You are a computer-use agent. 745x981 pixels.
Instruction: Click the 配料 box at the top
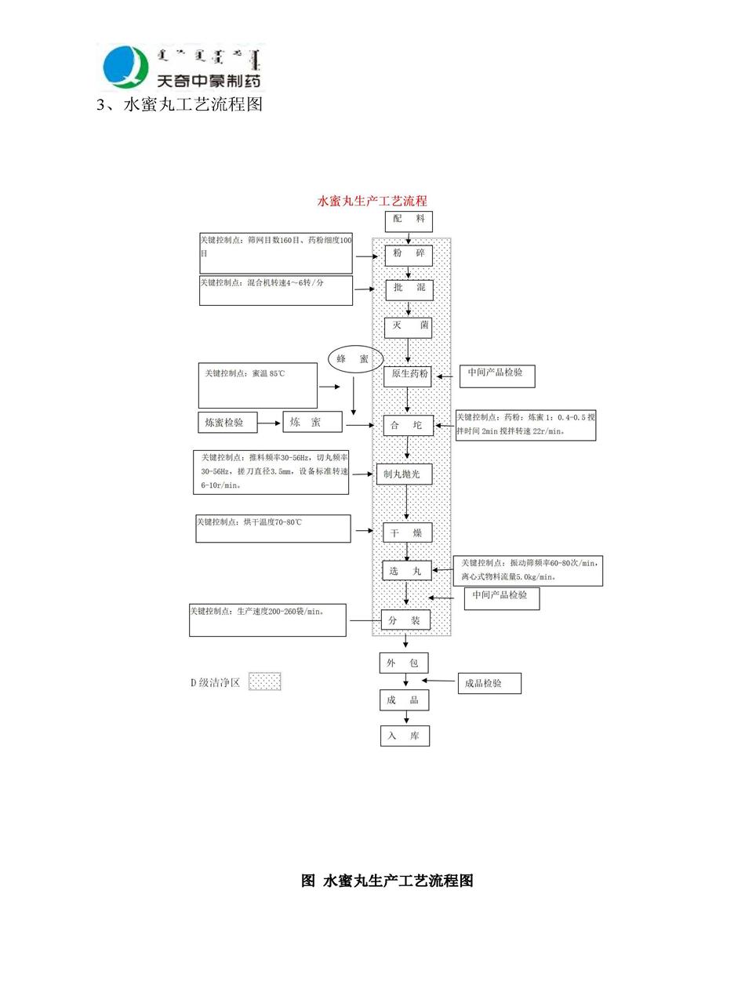click(408, 220)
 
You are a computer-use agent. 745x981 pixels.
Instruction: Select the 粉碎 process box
click(408, 255)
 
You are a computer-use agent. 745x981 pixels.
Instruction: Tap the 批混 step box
click(409, 289)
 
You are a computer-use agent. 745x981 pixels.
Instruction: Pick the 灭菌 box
click(408, 326)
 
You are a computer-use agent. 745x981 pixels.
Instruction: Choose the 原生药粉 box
click(408, 375)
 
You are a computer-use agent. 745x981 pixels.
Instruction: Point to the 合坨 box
click(408, 426)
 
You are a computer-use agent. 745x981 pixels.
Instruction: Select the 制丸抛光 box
click(404, 474)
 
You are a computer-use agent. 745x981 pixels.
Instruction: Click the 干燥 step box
click(407, 533)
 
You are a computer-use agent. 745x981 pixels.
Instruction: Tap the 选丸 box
click(406, 571)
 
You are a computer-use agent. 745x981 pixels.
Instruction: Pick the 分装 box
click(405, 620)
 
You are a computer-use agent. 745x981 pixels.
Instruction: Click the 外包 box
click(403, 663)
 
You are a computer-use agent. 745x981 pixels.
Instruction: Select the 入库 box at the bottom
click(405, 736)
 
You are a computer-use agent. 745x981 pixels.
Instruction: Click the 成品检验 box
click(489, 683)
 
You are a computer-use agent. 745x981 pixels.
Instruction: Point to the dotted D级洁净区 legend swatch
click(264, 681)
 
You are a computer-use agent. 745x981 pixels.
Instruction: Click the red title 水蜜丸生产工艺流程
click(372, 202)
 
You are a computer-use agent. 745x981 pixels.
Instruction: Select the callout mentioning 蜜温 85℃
click(257, 385)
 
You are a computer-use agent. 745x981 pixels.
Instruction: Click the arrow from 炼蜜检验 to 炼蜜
click(270, 423)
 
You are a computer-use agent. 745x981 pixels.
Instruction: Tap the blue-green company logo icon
click(125, 67)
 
